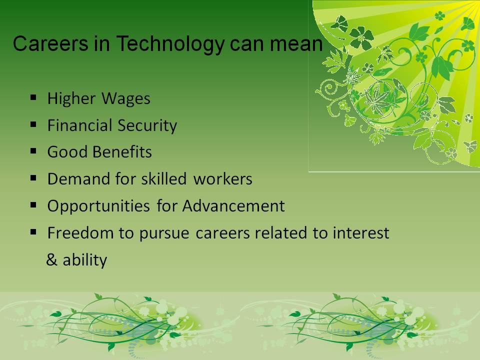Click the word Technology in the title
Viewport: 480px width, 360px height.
click(170, 44)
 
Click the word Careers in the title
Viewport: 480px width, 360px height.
click(50, 43)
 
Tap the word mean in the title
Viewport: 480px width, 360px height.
click(296, 43)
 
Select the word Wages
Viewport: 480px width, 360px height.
click(125, 99)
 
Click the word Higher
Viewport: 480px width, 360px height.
click(71, 99)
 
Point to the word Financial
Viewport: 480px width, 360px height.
click(79, 125)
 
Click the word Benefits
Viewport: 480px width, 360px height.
click(122, 152)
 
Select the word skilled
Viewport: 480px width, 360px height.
click(163, 179)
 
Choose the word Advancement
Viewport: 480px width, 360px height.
click(233, 205)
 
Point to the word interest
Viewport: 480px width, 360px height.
click(361, 232)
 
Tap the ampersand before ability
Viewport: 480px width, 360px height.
click(51, 260)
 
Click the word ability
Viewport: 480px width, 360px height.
click(85, 260)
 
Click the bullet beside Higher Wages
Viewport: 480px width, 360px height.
click(33, 98)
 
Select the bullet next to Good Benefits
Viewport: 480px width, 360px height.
click(33, 151)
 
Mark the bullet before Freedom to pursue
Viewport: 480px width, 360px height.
click(33, 232)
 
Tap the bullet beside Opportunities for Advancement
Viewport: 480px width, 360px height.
click(33, 205)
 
